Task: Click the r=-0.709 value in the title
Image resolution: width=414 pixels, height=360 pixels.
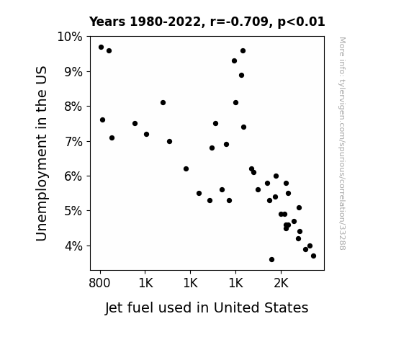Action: point(240,22)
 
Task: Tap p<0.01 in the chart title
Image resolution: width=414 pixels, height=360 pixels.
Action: point(301,22)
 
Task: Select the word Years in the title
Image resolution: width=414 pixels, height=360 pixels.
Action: point(107,22)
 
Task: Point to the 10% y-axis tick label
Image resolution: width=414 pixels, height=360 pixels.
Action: point(70,37)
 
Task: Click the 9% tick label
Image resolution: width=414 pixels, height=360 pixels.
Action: point(73,72)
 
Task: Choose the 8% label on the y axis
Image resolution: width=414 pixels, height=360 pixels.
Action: point(73,107)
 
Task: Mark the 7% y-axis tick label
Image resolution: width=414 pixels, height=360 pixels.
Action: point(73,142)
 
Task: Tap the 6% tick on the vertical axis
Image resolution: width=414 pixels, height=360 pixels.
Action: point(73,176)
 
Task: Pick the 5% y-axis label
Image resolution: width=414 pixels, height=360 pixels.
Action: point(73,211)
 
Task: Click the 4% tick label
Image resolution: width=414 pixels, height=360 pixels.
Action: point(73,246)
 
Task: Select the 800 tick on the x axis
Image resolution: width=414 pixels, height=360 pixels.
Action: point(99,284)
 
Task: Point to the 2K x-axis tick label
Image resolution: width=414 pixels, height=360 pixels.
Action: point(282,284)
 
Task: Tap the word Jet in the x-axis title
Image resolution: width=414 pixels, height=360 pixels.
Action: point(114,308)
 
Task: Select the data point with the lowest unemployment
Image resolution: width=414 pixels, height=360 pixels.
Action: point(271,260)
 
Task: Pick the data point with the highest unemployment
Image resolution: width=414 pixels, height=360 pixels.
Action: point(101,48)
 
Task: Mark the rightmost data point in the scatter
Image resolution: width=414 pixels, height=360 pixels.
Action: point(313,256)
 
